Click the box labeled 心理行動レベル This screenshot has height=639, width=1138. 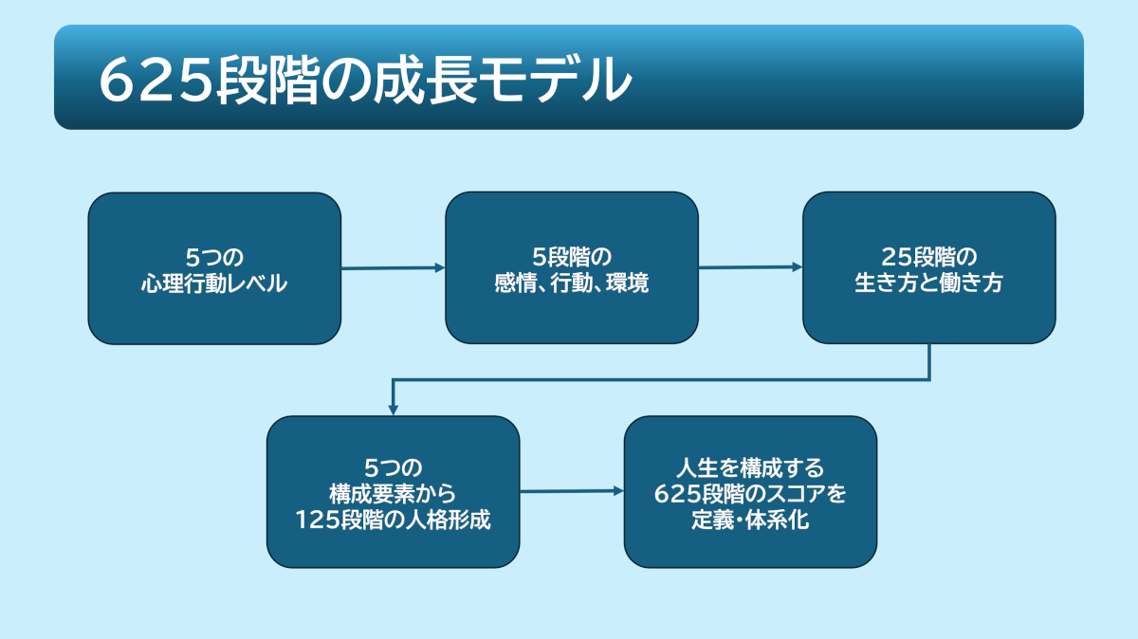[214, 268]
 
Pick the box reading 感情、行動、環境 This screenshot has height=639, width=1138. [572, 268]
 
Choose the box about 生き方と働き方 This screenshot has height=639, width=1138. [928, 268]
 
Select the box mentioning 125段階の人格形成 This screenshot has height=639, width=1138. [393, 492]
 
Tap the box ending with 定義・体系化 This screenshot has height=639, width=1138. [750, 492]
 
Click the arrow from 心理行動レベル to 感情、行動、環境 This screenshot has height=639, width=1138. [393, 268]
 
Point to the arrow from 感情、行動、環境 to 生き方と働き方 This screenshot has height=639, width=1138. [750, 267]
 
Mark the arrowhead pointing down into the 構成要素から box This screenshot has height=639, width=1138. [393, 410]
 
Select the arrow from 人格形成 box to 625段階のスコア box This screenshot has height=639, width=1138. [571, 491]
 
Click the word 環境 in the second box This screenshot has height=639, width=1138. [629, 283]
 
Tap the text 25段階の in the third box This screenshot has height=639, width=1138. [928, 256]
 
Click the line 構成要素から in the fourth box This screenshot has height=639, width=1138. [393, 493]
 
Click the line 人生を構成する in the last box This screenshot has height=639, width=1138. [750, 467]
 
